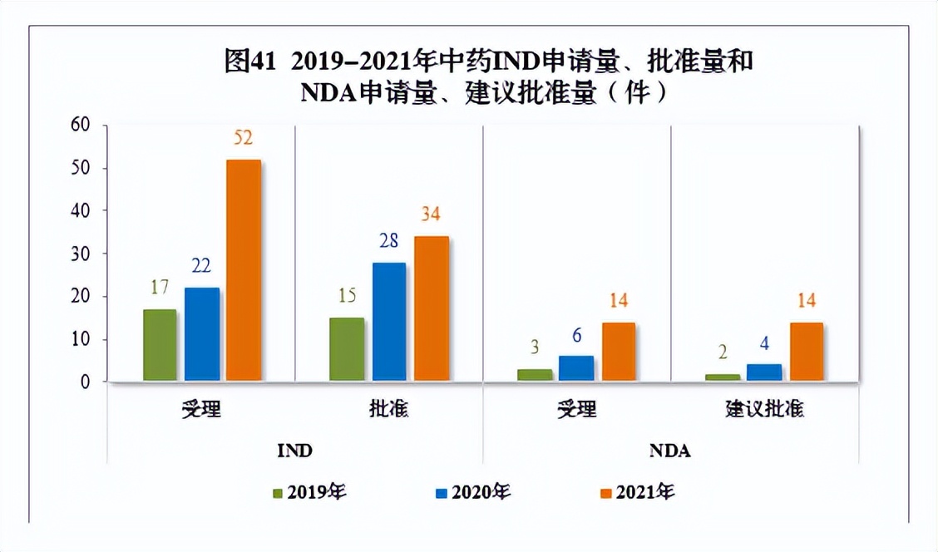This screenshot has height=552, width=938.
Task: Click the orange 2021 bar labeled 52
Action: [x=244, y=270]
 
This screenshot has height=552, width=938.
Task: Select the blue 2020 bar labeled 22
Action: [x=202, y=334]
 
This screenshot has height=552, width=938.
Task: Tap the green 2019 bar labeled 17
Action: [x=160, y=345]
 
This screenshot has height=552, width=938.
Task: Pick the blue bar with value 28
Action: [x=389, y=322]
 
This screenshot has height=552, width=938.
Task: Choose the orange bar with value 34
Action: [x=432, y=308]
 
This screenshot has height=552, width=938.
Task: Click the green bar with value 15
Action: [x=347, y=349]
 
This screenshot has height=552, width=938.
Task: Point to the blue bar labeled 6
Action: [x=577, y=368]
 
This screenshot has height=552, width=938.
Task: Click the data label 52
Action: [x=243, y=138]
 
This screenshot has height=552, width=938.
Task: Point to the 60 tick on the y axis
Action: [x=79, y=126]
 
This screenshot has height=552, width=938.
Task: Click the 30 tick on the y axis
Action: [x=79, y=254]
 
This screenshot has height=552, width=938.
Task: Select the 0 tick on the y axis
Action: [x=84, y=382]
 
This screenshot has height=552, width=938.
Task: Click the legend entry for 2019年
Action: [x=308, y=492]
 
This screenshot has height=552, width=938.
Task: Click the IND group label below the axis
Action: [x=294, y=451]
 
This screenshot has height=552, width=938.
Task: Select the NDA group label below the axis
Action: [x=670, y=451]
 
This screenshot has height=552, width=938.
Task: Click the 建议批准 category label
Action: [x=764, y=410]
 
